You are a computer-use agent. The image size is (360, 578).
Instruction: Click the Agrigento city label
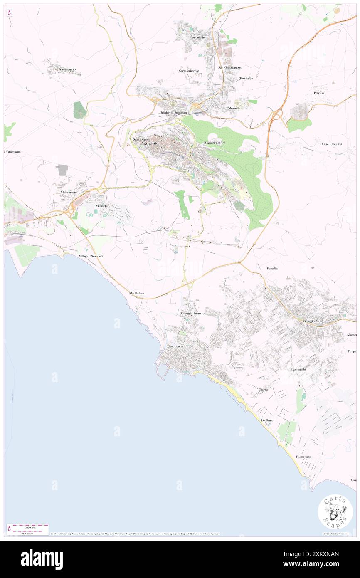click(150, 143)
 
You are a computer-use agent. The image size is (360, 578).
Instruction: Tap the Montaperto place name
click(67, 69)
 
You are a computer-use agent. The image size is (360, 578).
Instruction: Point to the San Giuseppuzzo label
click(230, 67)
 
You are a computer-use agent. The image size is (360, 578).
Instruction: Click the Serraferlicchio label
click(189, 71)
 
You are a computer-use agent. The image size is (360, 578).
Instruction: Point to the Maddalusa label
click(137, 293)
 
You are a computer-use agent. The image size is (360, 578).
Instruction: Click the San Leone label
click(175, 346)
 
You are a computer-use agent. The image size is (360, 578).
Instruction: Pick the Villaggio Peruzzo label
click(192, 313)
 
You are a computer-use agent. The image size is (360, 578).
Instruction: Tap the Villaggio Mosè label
click(313, 321)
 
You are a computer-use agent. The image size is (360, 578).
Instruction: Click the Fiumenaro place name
click(303, 457)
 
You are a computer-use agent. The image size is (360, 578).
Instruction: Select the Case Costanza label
click(332, 144)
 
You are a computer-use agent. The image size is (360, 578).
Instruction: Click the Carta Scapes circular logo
click(335, 512)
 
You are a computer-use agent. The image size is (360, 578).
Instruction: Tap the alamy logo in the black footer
click(42, 559)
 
